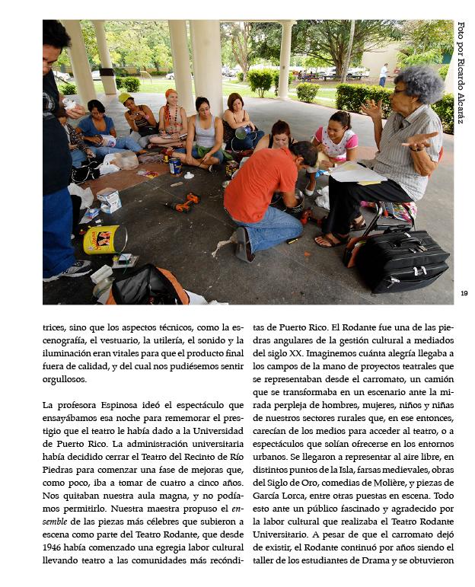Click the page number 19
point(464,292)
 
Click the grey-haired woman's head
point(418,86)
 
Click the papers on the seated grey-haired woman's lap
point(356,171)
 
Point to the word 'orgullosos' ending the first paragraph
point(65,379)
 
